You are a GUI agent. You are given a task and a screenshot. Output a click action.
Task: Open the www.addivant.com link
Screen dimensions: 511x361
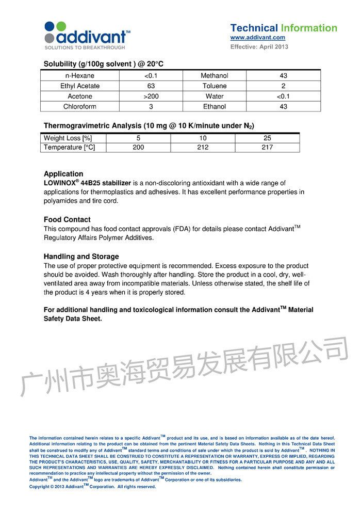pos(257,38)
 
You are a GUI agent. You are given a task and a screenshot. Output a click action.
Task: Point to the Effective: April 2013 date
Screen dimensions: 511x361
pos(259,47)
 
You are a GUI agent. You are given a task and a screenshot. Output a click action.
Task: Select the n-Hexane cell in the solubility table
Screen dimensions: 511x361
pos(80,76)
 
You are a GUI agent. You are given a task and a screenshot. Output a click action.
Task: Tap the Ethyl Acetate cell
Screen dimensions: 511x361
pos(80,86)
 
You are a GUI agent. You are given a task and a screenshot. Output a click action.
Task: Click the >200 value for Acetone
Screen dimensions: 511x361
pos(151,97)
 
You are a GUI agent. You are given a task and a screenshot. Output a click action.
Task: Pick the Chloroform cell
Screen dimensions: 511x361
pos(80,107)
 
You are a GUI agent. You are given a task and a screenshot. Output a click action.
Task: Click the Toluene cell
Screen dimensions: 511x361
pos(215,86)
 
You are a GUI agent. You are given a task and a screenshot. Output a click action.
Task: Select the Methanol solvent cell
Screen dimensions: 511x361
pos(215,76)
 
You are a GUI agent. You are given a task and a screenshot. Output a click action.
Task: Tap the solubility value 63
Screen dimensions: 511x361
pos(151,86)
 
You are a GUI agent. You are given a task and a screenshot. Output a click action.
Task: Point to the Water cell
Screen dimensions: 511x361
pos(215,97)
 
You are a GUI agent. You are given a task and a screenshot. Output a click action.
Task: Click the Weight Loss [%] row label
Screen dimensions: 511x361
pos(68,138)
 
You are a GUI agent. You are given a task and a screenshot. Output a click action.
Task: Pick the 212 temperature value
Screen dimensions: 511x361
pos(203,148)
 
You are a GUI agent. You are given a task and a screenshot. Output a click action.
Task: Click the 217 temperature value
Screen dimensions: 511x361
pos(267,148)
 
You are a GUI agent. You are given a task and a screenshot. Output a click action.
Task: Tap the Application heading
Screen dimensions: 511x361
pos(63,174)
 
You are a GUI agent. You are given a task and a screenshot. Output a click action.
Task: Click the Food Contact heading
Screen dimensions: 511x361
pos(67,219)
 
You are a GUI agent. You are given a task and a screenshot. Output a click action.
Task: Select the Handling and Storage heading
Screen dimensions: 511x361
pos(81,257)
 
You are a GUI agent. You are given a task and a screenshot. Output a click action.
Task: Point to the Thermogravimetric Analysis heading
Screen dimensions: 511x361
pos(149,125)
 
